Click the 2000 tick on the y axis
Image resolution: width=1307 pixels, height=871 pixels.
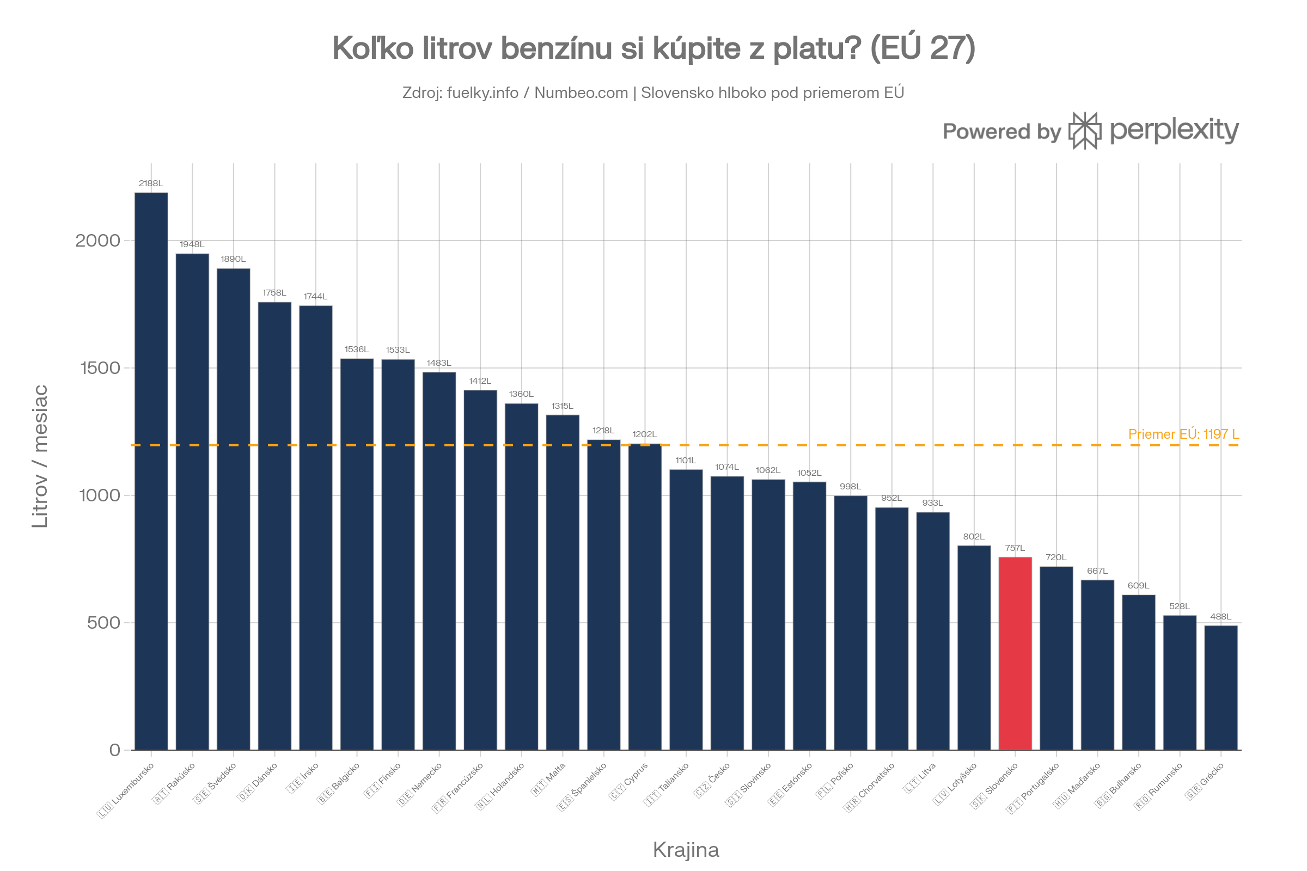pyautogui.click(x=98, y=241)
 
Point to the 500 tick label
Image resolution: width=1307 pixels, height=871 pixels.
pyautogui.click(x=103, y=623)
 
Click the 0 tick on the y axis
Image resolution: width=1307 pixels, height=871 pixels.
pyautogui.click(x=115, y=750)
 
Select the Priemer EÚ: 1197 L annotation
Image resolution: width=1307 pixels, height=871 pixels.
pyautogui.click(x=1183, y=434)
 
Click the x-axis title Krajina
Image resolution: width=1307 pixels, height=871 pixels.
pyautogui.click(x=686, y=849)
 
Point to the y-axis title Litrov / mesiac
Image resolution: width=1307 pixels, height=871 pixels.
pyautogui.click(x=40, y=456)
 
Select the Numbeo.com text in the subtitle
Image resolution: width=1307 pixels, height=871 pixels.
pyautogui.click(x=581, y=93)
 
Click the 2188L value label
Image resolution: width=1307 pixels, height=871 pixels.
pyautogui.click(x=151, y=183)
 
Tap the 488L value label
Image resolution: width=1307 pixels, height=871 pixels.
pyautogui.click(x=1221, y=617)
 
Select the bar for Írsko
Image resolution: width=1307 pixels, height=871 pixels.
pyautogui.click(x=316, y=527)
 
